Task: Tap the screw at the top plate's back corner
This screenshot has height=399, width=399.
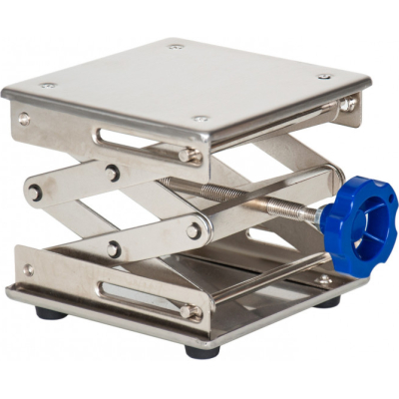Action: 176,45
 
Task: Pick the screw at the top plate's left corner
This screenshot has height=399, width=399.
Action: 46,85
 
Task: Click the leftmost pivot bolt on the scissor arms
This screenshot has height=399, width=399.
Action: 35,193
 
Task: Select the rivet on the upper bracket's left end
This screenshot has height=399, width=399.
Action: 24,119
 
